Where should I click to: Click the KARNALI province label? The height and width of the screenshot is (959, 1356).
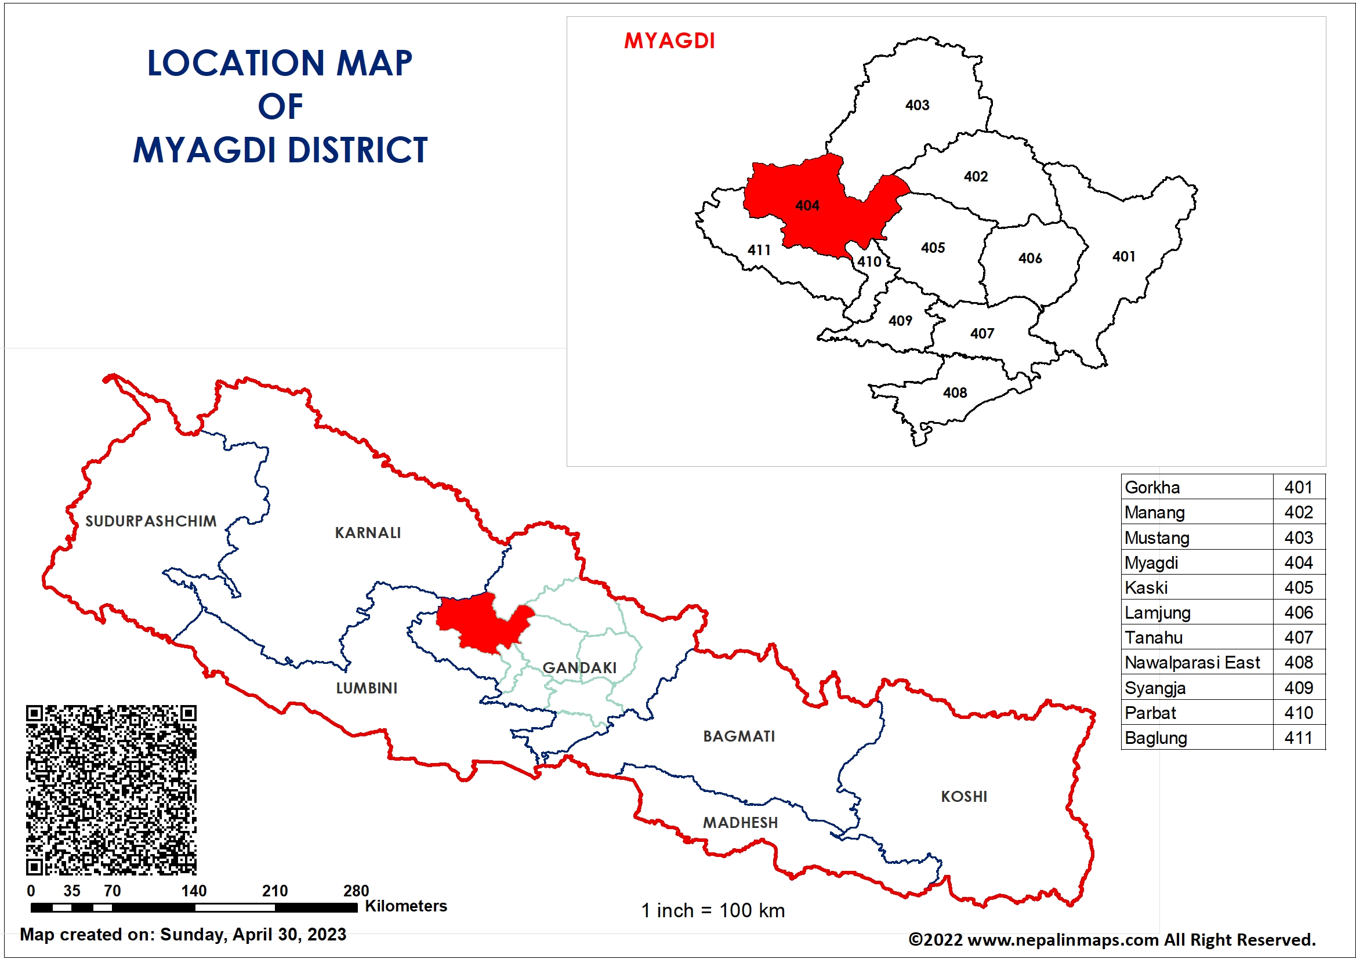pos(367,533)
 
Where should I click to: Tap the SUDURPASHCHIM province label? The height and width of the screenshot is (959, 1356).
pos(151,521)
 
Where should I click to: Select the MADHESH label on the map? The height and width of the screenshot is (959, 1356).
pos(740,822)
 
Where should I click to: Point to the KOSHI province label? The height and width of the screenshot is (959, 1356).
pos(964,796)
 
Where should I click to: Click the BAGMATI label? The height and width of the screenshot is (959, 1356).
pos(739,736)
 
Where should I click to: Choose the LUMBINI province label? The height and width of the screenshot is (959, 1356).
pos(366,688)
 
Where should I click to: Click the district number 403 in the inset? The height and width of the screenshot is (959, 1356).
pos(917,105)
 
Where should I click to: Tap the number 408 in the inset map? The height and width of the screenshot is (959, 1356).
pos(955,393)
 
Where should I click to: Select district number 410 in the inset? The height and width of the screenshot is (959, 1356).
pos(869,261)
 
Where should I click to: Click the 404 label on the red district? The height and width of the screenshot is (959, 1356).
pos(807,205)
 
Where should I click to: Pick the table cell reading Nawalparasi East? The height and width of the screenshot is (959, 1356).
pos(1192,663)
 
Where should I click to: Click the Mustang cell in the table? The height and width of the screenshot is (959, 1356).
pos(1156,537)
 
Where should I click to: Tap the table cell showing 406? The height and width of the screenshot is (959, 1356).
pos(1298,612)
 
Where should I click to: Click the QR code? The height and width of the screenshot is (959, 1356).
pos(111,790)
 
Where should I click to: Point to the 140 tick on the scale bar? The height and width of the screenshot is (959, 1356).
pos(194,891)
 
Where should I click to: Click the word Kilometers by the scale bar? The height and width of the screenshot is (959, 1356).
pos(406,906)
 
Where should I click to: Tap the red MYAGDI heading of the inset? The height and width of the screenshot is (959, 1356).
pos(669,41)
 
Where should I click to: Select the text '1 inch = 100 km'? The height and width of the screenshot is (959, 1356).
pos(713,910)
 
